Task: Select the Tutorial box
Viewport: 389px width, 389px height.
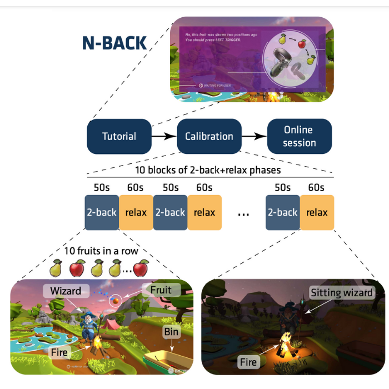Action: (119, 136)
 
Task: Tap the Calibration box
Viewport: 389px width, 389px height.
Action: (208, 136)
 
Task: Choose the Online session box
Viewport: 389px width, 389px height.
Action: (300, 136)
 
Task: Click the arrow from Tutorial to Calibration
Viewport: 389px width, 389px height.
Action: (164, 136)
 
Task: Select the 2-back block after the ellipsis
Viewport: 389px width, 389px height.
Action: (283, 212)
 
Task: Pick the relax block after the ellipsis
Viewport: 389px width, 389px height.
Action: (317, 212)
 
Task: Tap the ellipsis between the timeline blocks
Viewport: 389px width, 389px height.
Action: (243, 214)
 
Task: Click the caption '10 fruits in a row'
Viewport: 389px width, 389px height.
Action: (100, 251)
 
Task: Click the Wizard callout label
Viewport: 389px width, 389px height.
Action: (66, 291)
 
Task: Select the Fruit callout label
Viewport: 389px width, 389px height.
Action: (157, 290)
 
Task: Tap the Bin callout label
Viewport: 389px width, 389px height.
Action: (169, 332)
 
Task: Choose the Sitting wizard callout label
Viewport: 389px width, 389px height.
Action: (341, 293)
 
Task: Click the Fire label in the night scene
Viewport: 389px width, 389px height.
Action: (248, 362)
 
